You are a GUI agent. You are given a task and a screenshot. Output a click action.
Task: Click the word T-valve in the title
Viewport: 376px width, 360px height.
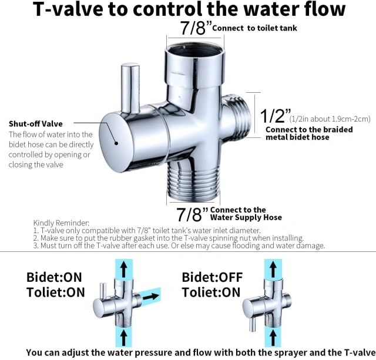coord(68,9)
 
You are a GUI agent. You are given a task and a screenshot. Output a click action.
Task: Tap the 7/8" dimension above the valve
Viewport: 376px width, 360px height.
coord(196,28)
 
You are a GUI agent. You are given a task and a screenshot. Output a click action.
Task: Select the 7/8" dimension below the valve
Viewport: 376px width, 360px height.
coord(192,214)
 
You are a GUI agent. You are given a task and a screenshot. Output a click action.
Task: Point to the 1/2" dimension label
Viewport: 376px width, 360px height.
coord(276,116)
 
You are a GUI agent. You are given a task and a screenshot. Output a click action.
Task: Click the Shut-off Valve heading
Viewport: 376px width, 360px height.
coord(36,124)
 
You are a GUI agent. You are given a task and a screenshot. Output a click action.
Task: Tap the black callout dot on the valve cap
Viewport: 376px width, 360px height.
coord(116,143)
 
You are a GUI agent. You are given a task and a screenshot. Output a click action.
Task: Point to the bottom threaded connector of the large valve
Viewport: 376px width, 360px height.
coord(193,181)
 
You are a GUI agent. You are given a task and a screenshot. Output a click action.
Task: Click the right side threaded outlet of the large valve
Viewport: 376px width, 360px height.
coord(236,117)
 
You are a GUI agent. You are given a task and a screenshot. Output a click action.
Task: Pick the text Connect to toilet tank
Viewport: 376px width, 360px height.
coord(254,28)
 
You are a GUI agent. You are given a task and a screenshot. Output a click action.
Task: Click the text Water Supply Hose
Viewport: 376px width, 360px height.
coord(246,218)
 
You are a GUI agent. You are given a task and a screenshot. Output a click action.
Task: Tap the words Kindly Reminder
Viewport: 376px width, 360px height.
coord(61,223)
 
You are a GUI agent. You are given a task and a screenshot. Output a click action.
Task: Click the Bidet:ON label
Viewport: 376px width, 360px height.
coord(54,277)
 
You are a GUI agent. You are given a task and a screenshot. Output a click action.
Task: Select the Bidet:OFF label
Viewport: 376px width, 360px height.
coord(212,277)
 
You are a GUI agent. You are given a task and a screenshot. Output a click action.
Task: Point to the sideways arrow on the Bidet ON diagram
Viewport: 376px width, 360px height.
coord(150,297)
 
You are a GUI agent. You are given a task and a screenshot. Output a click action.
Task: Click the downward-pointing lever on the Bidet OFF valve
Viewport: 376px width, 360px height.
coord(252,325)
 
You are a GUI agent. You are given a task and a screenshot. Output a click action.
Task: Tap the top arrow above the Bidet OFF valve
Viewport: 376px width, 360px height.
coord(273,270)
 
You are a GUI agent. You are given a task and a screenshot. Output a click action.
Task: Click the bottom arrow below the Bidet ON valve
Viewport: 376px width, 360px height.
coord(124,338)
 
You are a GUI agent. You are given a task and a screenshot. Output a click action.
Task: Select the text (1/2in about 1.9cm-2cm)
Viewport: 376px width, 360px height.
coord(330,119)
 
